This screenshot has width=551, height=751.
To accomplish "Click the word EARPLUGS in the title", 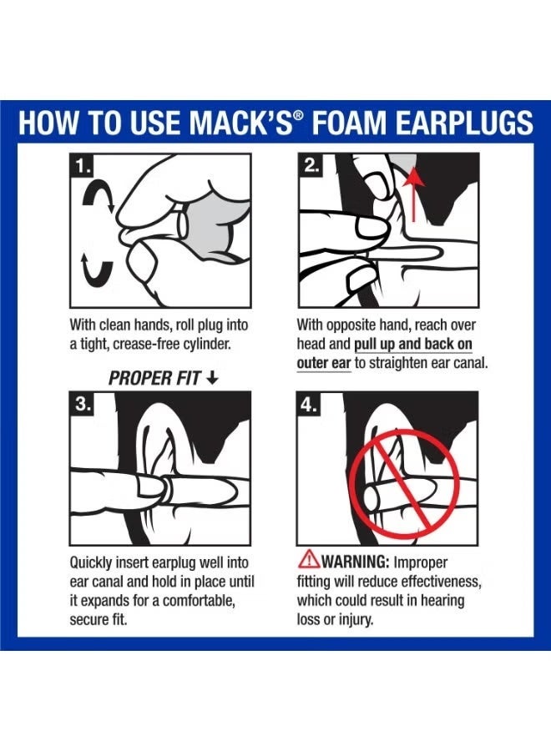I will point(460,123).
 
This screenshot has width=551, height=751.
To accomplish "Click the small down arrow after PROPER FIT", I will point(212,379).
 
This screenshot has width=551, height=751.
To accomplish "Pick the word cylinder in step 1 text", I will point(198,344).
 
